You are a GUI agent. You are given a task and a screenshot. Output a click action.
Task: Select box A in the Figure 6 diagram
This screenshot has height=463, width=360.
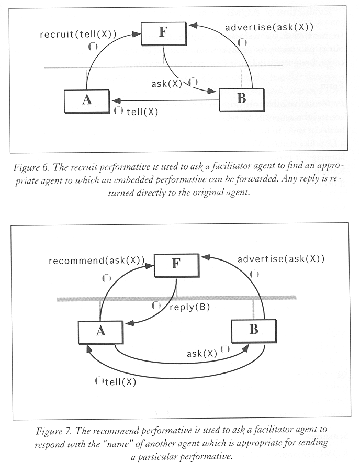pyautogui.click(x=87, y=100)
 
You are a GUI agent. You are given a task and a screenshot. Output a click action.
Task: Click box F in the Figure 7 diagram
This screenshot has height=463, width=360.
pyautogui.click(x=176, y=265)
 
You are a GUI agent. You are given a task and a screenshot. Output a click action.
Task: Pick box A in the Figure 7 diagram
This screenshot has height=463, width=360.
pyautogui.click(x=100, y=330)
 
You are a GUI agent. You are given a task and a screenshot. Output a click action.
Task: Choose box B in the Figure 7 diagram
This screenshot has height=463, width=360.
pyautogui.click(x=254, y=330)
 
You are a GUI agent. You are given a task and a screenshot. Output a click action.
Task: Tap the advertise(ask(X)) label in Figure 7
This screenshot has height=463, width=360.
pyautogui.click(x=281, y=258)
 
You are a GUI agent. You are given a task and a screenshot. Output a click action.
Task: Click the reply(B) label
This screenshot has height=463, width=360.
pyautogui.click(x=189, y=307)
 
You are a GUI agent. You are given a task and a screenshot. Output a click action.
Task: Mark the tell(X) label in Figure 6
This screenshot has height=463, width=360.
pyautogui.click(x=142, y=111)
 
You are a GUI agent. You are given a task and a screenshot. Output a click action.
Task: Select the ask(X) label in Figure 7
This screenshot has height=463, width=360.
pyautogui.click(x=202, y=353)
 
